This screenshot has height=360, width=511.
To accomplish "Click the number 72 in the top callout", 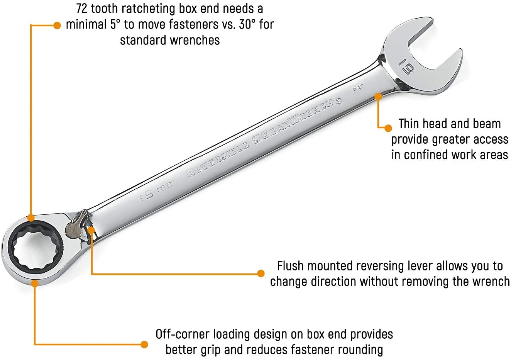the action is [82, 8].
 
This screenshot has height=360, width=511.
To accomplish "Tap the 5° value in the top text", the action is [115, 24].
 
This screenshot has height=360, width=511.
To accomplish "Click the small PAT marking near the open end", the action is [359, 88].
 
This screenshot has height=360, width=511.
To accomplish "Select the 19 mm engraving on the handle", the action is [157, 191].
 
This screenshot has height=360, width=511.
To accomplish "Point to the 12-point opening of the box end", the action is [35, 248].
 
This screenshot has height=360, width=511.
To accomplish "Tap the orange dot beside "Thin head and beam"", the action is [388, 128].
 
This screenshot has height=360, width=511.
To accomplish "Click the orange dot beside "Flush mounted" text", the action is [261, 273].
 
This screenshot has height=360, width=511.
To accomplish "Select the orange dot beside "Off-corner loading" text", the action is [144, 345].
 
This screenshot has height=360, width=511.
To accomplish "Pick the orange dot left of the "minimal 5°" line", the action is [57, 25].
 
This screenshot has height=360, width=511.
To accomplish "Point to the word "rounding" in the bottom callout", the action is [360, 350].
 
